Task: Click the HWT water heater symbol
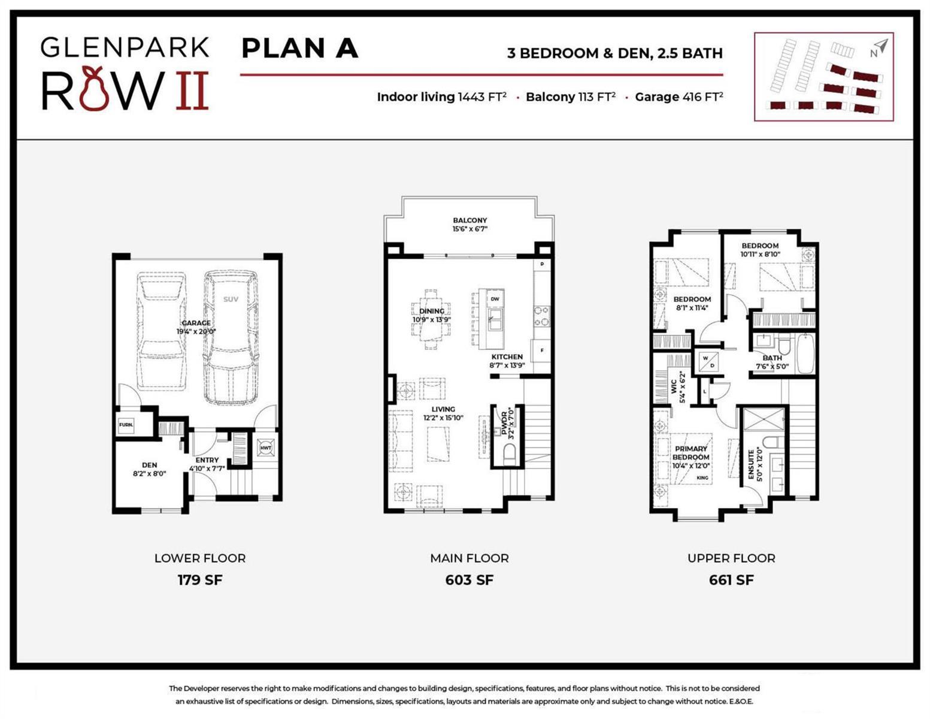point(265,448)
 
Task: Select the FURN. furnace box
point(126,425)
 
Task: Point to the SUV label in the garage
point(231,299)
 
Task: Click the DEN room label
point(149,465)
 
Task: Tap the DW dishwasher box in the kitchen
point(495,299)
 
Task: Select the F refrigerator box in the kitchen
point(542,351)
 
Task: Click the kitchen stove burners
point(542,316)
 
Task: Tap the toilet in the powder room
point(509,455)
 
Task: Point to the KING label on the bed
point(702,478)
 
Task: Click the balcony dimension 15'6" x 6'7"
point(470,229)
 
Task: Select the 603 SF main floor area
point(469,580)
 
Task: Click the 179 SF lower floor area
point(200,580)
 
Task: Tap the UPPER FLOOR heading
point(731,558)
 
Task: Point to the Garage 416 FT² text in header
point(678,97)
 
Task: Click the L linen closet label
point(704,391)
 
